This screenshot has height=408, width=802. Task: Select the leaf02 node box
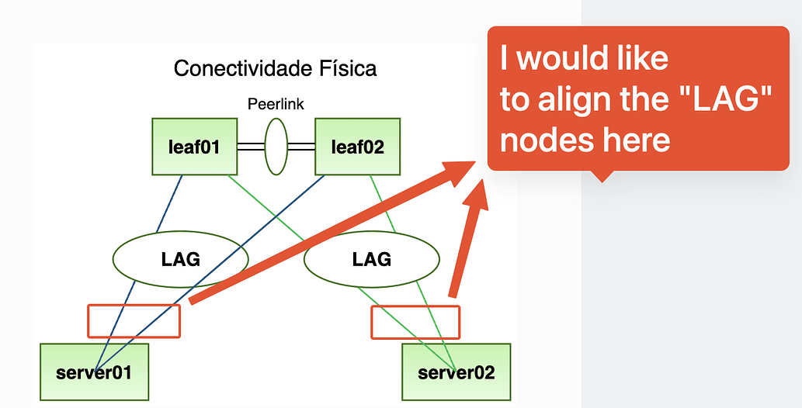coord(357,147)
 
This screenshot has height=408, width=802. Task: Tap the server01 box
coord(93,372)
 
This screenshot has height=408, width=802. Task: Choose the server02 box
coord(456,372)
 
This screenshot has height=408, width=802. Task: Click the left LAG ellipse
coord(180,259)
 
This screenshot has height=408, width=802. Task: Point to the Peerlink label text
coord(276,104)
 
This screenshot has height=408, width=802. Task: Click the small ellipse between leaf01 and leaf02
coord(276,146)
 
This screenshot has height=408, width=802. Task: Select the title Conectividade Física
coord(276,68)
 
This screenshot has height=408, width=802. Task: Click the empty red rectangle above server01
coord(134,320)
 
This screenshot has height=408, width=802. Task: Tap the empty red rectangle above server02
coord(415,322)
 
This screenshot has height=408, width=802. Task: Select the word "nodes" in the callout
coord(544,140)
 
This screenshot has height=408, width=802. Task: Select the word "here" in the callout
coord(634,140)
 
